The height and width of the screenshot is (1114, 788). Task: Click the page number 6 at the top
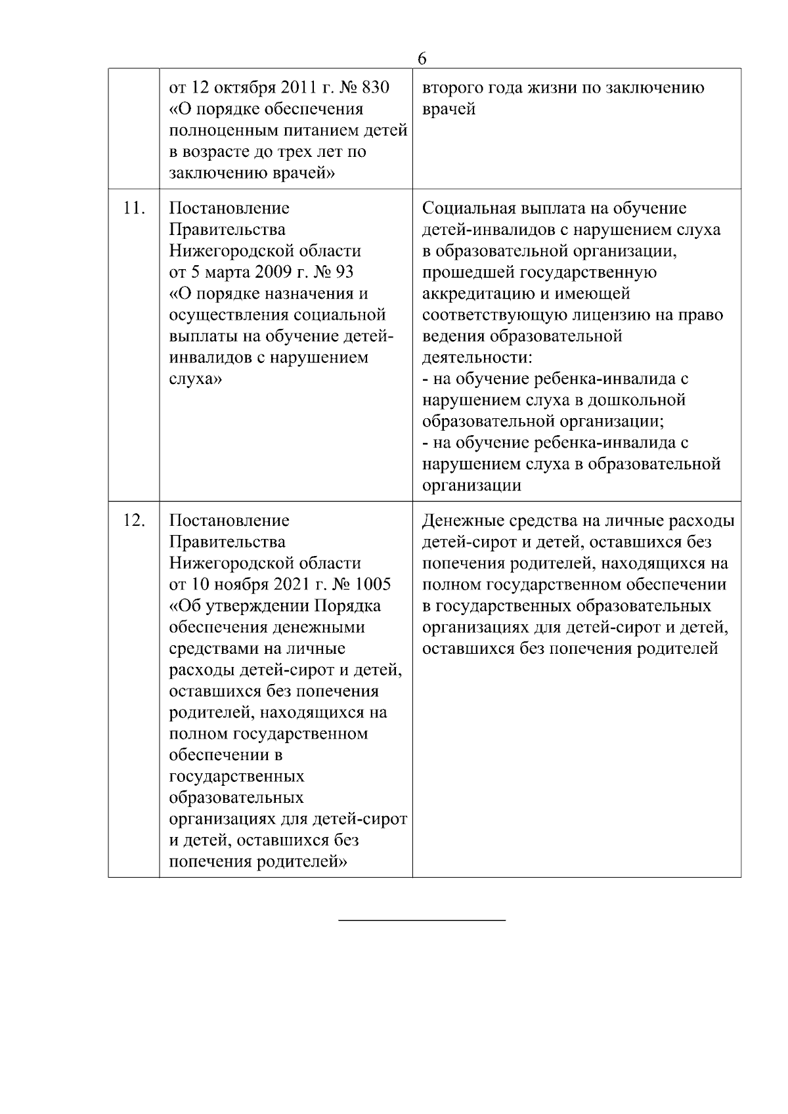click(422, 58)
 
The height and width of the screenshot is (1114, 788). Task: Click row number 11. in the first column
click(133, 208)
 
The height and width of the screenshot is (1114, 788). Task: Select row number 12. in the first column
click(133, 521)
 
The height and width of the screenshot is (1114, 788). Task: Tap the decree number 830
click(377, 87)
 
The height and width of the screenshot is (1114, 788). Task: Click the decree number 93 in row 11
click(341, 272)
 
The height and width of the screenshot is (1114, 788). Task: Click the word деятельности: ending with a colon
click(476, 358)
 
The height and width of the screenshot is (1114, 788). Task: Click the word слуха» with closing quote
click(195, 379)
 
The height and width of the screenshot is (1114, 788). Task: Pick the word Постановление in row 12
click(229, 521)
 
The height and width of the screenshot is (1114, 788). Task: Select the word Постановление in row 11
click(229, 208)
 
